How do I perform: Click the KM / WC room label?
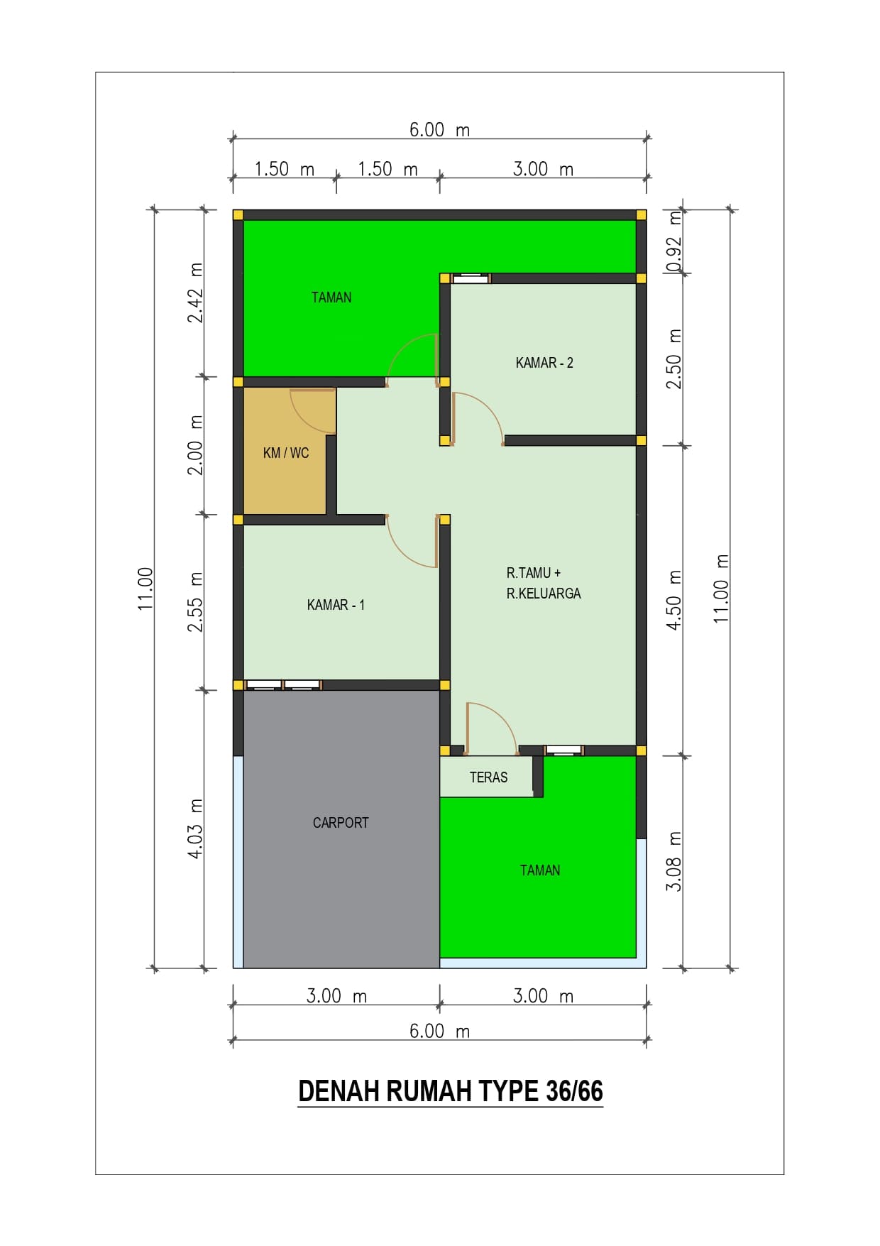click(286, 453)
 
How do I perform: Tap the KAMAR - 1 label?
click(336, 605)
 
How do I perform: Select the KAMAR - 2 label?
click(544, 363)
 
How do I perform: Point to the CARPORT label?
click(341, 823)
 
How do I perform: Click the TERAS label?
click(488, 777)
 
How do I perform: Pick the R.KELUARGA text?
click(544, 594)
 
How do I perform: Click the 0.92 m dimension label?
click(674, 242)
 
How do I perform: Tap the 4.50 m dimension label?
click(674, 600)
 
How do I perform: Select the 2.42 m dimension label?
click(195, 293)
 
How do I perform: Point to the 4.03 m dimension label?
click(195, 829)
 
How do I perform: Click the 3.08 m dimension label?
click(674, 861)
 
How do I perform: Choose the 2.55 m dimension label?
click(195, 602)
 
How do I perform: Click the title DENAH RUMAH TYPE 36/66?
click(450, 1091)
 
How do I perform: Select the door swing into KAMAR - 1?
click(412, 542)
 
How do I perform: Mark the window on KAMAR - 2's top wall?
click(471, 278)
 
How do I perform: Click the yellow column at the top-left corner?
click(238, 215)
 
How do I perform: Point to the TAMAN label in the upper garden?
click(331, 297)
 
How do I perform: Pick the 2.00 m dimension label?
click(195, 445)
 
